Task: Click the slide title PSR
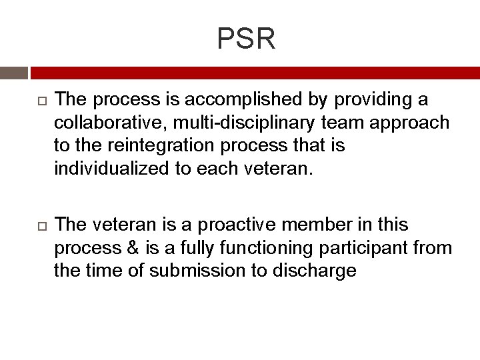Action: click(x=246, y=39)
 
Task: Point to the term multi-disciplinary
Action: click(x=245, y=123)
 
